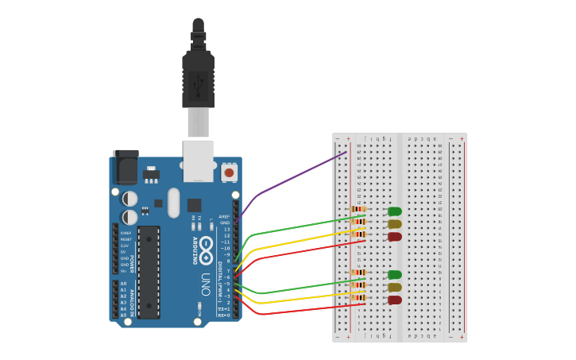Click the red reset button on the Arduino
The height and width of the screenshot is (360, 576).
click(229, 172)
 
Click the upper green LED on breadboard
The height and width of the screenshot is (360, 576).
click(394, 211)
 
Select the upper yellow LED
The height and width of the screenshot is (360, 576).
click(394, 224)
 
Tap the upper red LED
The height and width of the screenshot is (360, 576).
click(394, 237)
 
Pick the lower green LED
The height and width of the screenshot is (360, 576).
click(394, 275)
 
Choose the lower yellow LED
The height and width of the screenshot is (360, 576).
click(394, 288)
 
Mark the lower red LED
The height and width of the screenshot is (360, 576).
click(394, 300)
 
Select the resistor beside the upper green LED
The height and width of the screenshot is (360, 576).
click(358, 210)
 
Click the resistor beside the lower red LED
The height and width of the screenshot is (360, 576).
click(358, 298)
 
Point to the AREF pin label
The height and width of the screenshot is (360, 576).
click(224, 216)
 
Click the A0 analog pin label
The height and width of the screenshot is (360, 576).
click(123, 284)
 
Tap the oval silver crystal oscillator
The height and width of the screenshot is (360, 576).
click(174, 203)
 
